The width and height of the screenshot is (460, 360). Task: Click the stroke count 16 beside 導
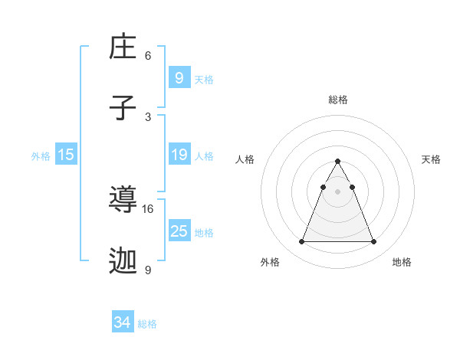pyautogui.click(x=148, y=208)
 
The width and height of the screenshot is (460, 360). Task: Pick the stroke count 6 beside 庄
pyautogui.click(x=148, y=55)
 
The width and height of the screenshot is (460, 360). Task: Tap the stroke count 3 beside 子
pyautogui.click(x=148, y=116)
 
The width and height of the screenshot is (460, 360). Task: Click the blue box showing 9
pyautogui.click(x=179, y=77)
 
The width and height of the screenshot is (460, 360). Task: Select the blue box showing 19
pyautogui.click(x=179, y=155)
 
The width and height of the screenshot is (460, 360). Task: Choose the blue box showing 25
pyautogui.click(x=179, y=231)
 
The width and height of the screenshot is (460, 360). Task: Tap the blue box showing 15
pyautogui.click(x=65, y=155)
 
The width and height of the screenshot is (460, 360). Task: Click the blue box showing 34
pyautogui.click(x=122, y=322)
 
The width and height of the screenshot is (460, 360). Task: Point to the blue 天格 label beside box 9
pyautogui.click(x=204, y=80)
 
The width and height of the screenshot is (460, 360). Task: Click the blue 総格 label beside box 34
pyautogui.click(x=147, y=324)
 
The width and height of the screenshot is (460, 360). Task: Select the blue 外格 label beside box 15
pyautogui.click(x=41, y=156)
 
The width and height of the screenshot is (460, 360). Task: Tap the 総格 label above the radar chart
pyautogui.click(x=337, y=100)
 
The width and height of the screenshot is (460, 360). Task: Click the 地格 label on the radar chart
pyautogui.click(x=402, y=262)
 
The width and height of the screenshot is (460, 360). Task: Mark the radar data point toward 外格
pyautogui.click(x=301, y=242)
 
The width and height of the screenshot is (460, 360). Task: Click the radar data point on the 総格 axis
pyautogui.click(x=337, y=161)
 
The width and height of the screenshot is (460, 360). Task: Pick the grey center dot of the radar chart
pyautogui.click(x=337, y=191)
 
